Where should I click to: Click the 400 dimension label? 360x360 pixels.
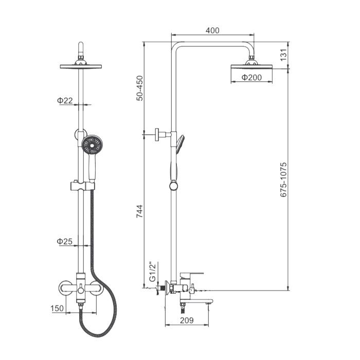212,30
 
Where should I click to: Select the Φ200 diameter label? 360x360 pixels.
251,77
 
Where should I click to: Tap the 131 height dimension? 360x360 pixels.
284,55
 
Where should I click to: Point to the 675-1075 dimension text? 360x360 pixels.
284,179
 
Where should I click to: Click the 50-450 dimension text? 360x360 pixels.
139,88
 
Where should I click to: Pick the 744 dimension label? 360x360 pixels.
139,211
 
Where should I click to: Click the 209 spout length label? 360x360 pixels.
187,320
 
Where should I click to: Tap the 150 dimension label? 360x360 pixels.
57,308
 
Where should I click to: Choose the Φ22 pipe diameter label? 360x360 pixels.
65,100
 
